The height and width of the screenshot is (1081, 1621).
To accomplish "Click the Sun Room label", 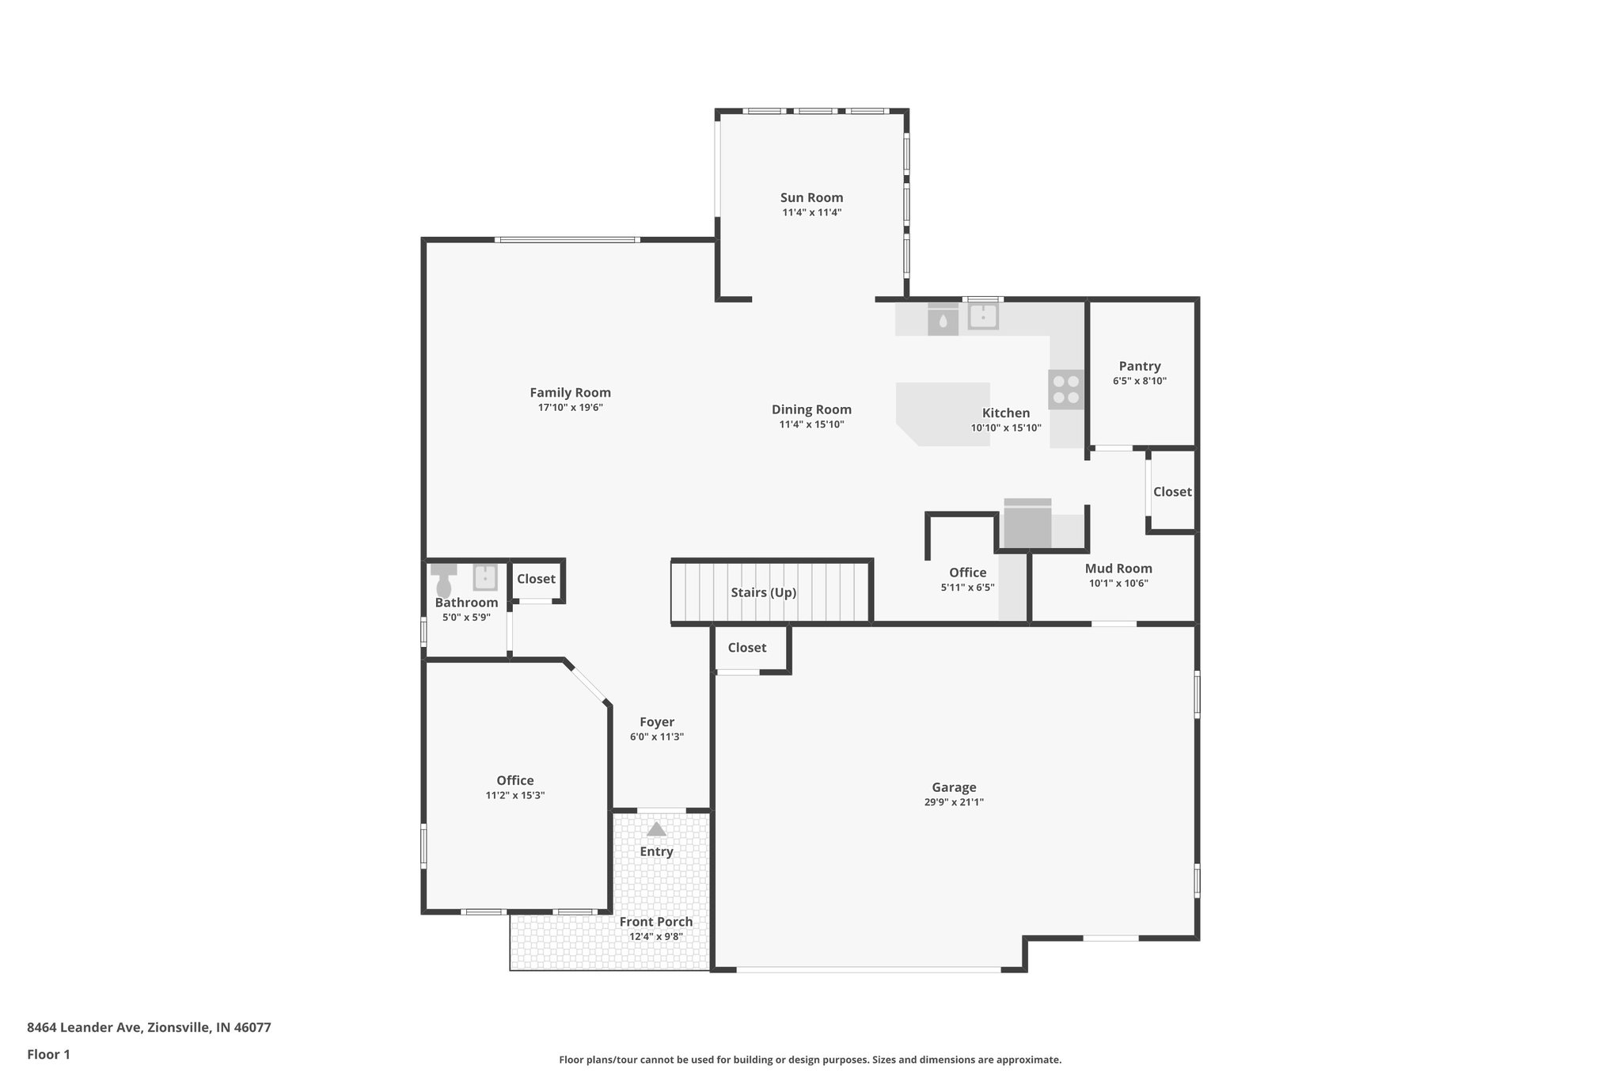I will (x=811, y=198).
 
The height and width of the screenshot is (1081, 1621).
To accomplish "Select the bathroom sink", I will (x=484, y=577).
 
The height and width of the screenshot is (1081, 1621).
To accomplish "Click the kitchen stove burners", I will (x=1066, y=389).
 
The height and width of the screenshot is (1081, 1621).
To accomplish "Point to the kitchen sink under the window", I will (x=983, y=317).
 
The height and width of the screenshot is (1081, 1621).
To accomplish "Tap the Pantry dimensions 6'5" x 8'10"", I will (x=1139, y=381).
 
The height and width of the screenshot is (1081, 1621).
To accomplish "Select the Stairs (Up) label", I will (x=763, y=592).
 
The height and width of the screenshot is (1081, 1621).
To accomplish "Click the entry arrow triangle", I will (x=656, y=829).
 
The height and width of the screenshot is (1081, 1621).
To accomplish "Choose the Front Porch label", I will (x=655, y=922).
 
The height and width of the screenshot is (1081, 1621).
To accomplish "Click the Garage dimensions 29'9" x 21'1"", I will (x=953, y=802).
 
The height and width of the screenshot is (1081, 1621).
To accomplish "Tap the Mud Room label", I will (x=1118, y=569).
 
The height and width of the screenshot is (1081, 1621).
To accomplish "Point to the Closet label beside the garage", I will (x=746, y=648).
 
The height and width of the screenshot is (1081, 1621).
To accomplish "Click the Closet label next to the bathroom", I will (x=536, y=579).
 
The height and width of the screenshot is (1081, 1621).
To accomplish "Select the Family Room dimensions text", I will (x=570, y=408).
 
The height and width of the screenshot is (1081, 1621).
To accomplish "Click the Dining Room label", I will (x=811, y=409).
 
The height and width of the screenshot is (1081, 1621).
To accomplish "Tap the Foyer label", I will (x=656, y=722).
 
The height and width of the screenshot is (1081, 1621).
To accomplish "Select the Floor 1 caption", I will (x=48, y=1054).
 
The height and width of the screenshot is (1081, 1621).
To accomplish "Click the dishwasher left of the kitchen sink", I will (x=943, y=321).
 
